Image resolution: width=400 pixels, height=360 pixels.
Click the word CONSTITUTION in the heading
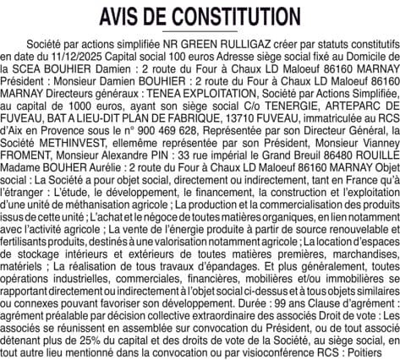[x=229, y=17]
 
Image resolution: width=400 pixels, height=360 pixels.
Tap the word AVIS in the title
[x=122, y=17]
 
